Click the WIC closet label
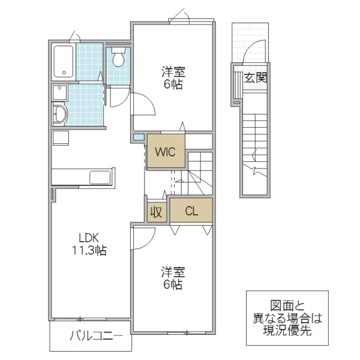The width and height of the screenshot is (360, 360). [x=165, y=152]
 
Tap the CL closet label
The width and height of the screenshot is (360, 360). [x=191, y=211]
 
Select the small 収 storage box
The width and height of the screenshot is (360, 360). [x=155, y=212]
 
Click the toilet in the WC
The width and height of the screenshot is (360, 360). [x=118, y=58]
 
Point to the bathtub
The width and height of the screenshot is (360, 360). [x=64, y=61]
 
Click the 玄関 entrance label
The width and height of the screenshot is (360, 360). [x=255, y=77]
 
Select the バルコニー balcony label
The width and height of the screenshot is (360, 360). [x=90, y=336]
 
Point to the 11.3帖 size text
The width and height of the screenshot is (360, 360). [x=90, y=251]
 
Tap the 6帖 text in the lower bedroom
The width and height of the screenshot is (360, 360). [x=173, y=286]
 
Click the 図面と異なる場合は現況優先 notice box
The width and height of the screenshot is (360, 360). [x=287, y=318]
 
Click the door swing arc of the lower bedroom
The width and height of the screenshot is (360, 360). [x=143, y=239]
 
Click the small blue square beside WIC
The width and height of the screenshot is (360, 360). [x=139, y=138]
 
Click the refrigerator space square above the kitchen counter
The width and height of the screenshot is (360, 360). [x=60, y=137]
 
